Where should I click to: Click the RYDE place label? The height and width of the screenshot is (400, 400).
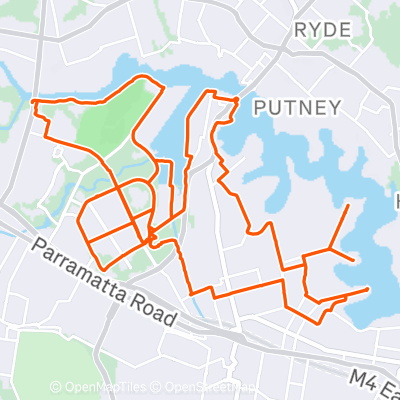pos(321,30)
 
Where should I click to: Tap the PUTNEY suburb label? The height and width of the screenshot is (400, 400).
pos(297,107)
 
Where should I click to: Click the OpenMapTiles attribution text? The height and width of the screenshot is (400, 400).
pos(109,387)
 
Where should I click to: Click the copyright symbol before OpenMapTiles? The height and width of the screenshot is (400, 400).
pos(56,387)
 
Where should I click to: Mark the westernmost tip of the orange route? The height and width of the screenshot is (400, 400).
pos(33,101)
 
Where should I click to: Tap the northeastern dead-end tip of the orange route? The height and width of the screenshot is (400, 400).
pos(348,205)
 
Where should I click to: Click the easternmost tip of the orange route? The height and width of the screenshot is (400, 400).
pos(368,290)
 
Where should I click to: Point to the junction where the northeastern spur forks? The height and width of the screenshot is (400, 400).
pos(331,248)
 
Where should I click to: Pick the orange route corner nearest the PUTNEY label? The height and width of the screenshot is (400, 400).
pos(237,100)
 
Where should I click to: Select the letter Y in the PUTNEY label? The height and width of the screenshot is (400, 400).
pos(336,107)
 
